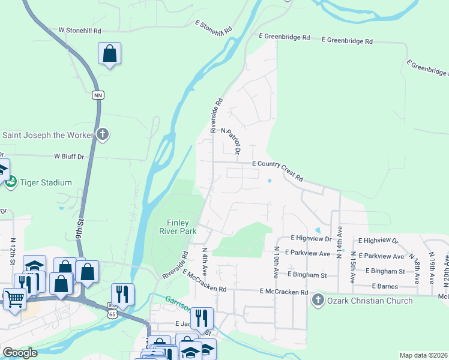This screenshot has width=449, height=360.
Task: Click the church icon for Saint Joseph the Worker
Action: pyautogui.click(x=103, y=134)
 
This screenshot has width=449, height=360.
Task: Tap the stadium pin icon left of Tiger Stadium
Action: pyautogui.click(x=11, y=182)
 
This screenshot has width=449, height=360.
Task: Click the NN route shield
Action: pyautogui.click(x=98, y=95)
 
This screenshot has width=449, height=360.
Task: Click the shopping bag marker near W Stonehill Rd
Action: pyautogui.click(x=110, y=55)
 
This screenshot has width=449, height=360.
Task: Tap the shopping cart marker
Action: pyautogui.click(x=14, y=299)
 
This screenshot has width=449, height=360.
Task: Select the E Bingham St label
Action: pyautogui.click(x=307, y=275)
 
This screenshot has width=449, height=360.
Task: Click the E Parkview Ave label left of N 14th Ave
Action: pyautogui.click(x=307, y=253)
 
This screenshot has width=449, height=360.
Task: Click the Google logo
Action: pyautogui.click(x=20, y=353)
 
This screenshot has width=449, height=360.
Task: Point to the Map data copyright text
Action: pyautogui.click(x=423, y=355)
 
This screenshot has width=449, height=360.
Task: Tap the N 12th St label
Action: pyautogui.click(x=13, y=251)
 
